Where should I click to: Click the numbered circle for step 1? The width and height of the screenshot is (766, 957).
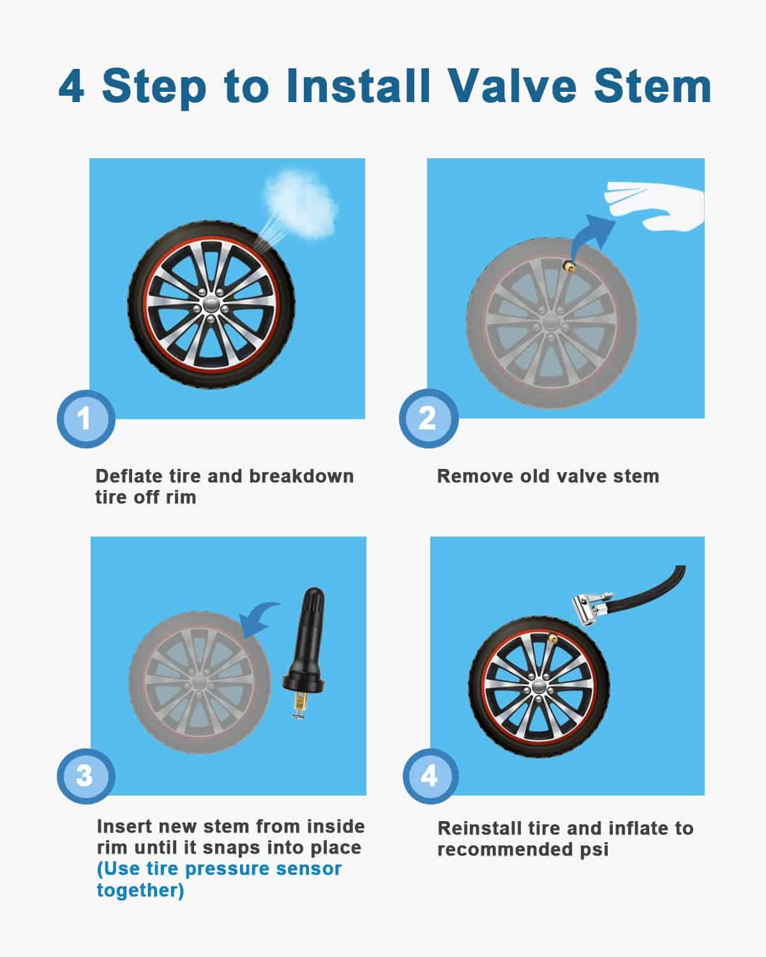[x=86, y=419]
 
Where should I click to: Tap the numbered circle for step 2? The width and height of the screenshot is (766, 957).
[x=428, y=418]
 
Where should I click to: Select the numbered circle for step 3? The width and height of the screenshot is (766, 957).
[x=86, y=776]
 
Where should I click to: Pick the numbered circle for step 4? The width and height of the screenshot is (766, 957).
[x=430, y=776]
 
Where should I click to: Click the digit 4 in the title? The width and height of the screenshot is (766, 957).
[x=71, y=86]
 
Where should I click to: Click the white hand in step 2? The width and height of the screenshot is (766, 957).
[x=654, y=205]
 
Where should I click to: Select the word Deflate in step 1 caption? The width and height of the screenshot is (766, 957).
[x=129, y=477]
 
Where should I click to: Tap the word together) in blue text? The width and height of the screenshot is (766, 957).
[x=140, y=890]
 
